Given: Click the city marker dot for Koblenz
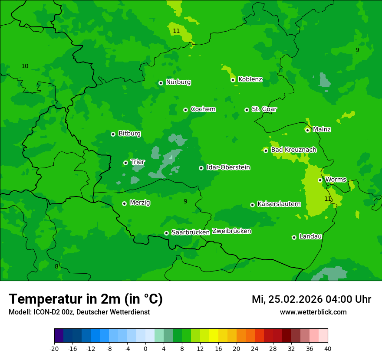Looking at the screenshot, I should tap(233, 80).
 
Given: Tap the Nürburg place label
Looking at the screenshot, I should tap(178, 82).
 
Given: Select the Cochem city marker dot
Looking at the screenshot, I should tap(185, 110).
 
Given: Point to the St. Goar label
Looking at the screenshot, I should tap(264, 109).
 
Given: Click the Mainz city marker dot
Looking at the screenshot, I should tap(307, 130).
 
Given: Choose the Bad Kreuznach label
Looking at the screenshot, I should tap(293, 150).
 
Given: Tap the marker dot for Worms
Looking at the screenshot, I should tap(320, 180).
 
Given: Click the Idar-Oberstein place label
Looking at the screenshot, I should tap(228, 167).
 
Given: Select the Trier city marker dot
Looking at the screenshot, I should tap(125, 163).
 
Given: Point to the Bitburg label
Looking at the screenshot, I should tap(129, 134).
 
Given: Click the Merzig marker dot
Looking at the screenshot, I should tap(124, 203).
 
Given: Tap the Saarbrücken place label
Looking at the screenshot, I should tap(191, 232).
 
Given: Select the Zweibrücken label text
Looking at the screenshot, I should tap(231, 231).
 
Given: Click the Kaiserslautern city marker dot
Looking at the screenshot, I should tap(252, 205).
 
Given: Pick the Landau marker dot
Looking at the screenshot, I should tap(294, 237).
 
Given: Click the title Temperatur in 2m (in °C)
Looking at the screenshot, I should tap(86, 299).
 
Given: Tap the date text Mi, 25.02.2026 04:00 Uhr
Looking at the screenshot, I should tap(311, 299).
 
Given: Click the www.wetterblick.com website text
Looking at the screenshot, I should tap(313, 312).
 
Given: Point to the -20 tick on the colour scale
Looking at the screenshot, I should tap(54, 349).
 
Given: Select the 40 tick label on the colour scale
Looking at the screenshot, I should tap(328, 349).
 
